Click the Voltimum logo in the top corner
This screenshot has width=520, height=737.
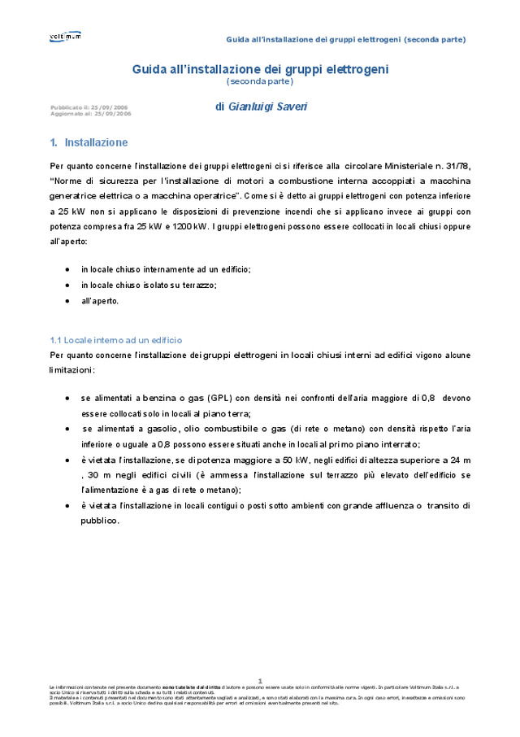coord(65,37)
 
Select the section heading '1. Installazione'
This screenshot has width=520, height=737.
coord(89,142)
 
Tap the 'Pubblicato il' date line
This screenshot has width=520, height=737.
coord(89,107)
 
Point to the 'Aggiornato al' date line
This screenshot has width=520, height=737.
coord(90,114)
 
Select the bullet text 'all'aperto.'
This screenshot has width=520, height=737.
coord(99,300)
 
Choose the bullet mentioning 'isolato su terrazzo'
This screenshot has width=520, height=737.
coord(149,285)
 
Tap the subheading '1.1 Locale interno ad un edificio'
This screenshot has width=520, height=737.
coord(116,340)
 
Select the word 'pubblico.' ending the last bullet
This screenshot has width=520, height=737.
coord(100,521)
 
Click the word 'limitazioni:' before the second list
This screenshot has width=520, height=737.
coord(72,370)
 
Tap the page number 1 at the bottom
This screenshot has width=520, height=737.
coord(260,680)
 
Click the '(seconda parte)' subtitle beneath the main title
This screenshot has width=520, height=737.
coord(260,81)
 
